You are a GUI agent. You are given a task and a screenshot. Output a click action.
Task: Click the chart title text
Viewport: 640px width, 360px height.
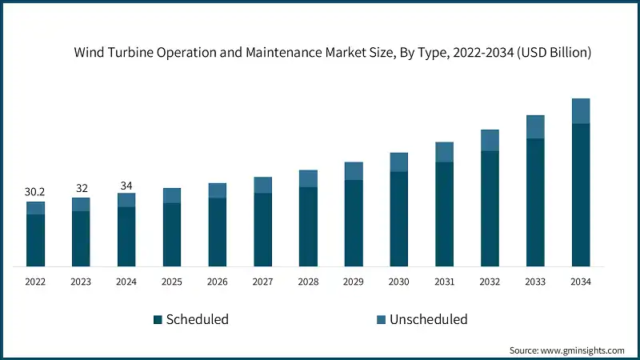pyautogui.click(x=333, y=54)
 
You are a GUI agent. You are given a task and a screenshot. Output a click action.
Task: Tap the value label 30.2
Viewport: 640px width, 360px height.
pyautogui.click(x=35, y=193)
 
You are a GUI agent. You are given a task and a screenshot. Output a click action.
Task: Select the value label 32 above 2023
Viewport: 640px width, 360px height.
pyautogui.click(x=81, y=189)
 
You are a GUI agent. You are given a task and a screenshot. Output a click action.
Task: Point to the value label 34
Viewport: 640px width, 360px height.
pyautogui.click(x=126, y=186)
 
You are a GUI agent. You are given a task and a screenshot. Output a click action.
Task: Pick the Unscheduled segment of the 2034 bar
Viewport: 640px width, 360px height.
pyautogui.click(x=581, y=111)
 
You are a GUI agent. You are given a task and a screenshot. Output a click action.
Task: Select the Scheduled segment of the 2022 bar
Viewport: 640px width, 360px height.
pyautogui.click(x=35, y=240)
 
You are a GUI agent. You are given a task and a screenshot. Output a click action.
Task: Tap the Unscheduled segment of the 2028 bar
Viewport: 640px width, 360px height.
pyautogui.click(x=308, y=178)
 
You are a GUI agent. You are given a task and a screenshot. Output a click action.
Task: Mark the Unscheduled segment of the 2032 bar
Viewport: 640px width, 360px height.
pyautogui.click(x=490, y=140)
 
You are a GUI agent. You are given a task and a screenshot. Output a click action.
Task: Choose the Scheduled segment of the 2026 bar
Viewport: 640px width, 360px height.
pyautogui.click(x=218, y=231)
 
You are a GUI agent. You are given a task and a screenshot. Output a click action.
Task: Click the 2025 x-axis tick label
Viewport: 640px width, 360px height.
pyautogui.click(x=172, y=282)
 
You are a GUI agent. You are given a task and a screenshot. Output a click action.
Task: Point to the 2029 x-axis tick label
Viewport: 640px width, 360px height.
pyautogui.click(x=354, y=282)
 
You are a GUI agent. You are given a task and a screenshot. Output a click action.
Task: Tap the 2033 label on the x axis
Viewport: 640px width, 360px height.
pyautogui.click(x=535, y=282)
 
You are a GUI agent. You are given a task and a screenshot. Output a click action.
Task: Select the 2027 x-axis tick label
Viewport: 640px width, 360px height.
pyautogui.click(x=262, y=282)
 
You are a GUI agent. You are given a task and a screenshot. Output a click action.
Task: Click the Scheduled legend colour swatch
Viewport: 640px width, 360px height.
pyautogui.click(x=158, y=320)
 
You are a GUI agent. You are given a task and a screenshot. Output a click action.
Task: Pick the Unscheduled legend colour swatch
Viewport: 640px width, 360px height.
pyautogui.click(x=381, y=320)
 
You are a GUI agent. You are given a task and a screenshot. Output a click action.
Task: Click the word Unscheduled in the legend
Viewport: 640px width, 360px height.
pyautogui.click(x=428, y=320)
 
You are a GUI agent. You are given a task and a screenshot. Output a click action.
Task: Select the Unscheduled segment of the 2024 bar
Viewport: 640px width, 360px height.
pyautogui.click(x=126, y=200)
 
